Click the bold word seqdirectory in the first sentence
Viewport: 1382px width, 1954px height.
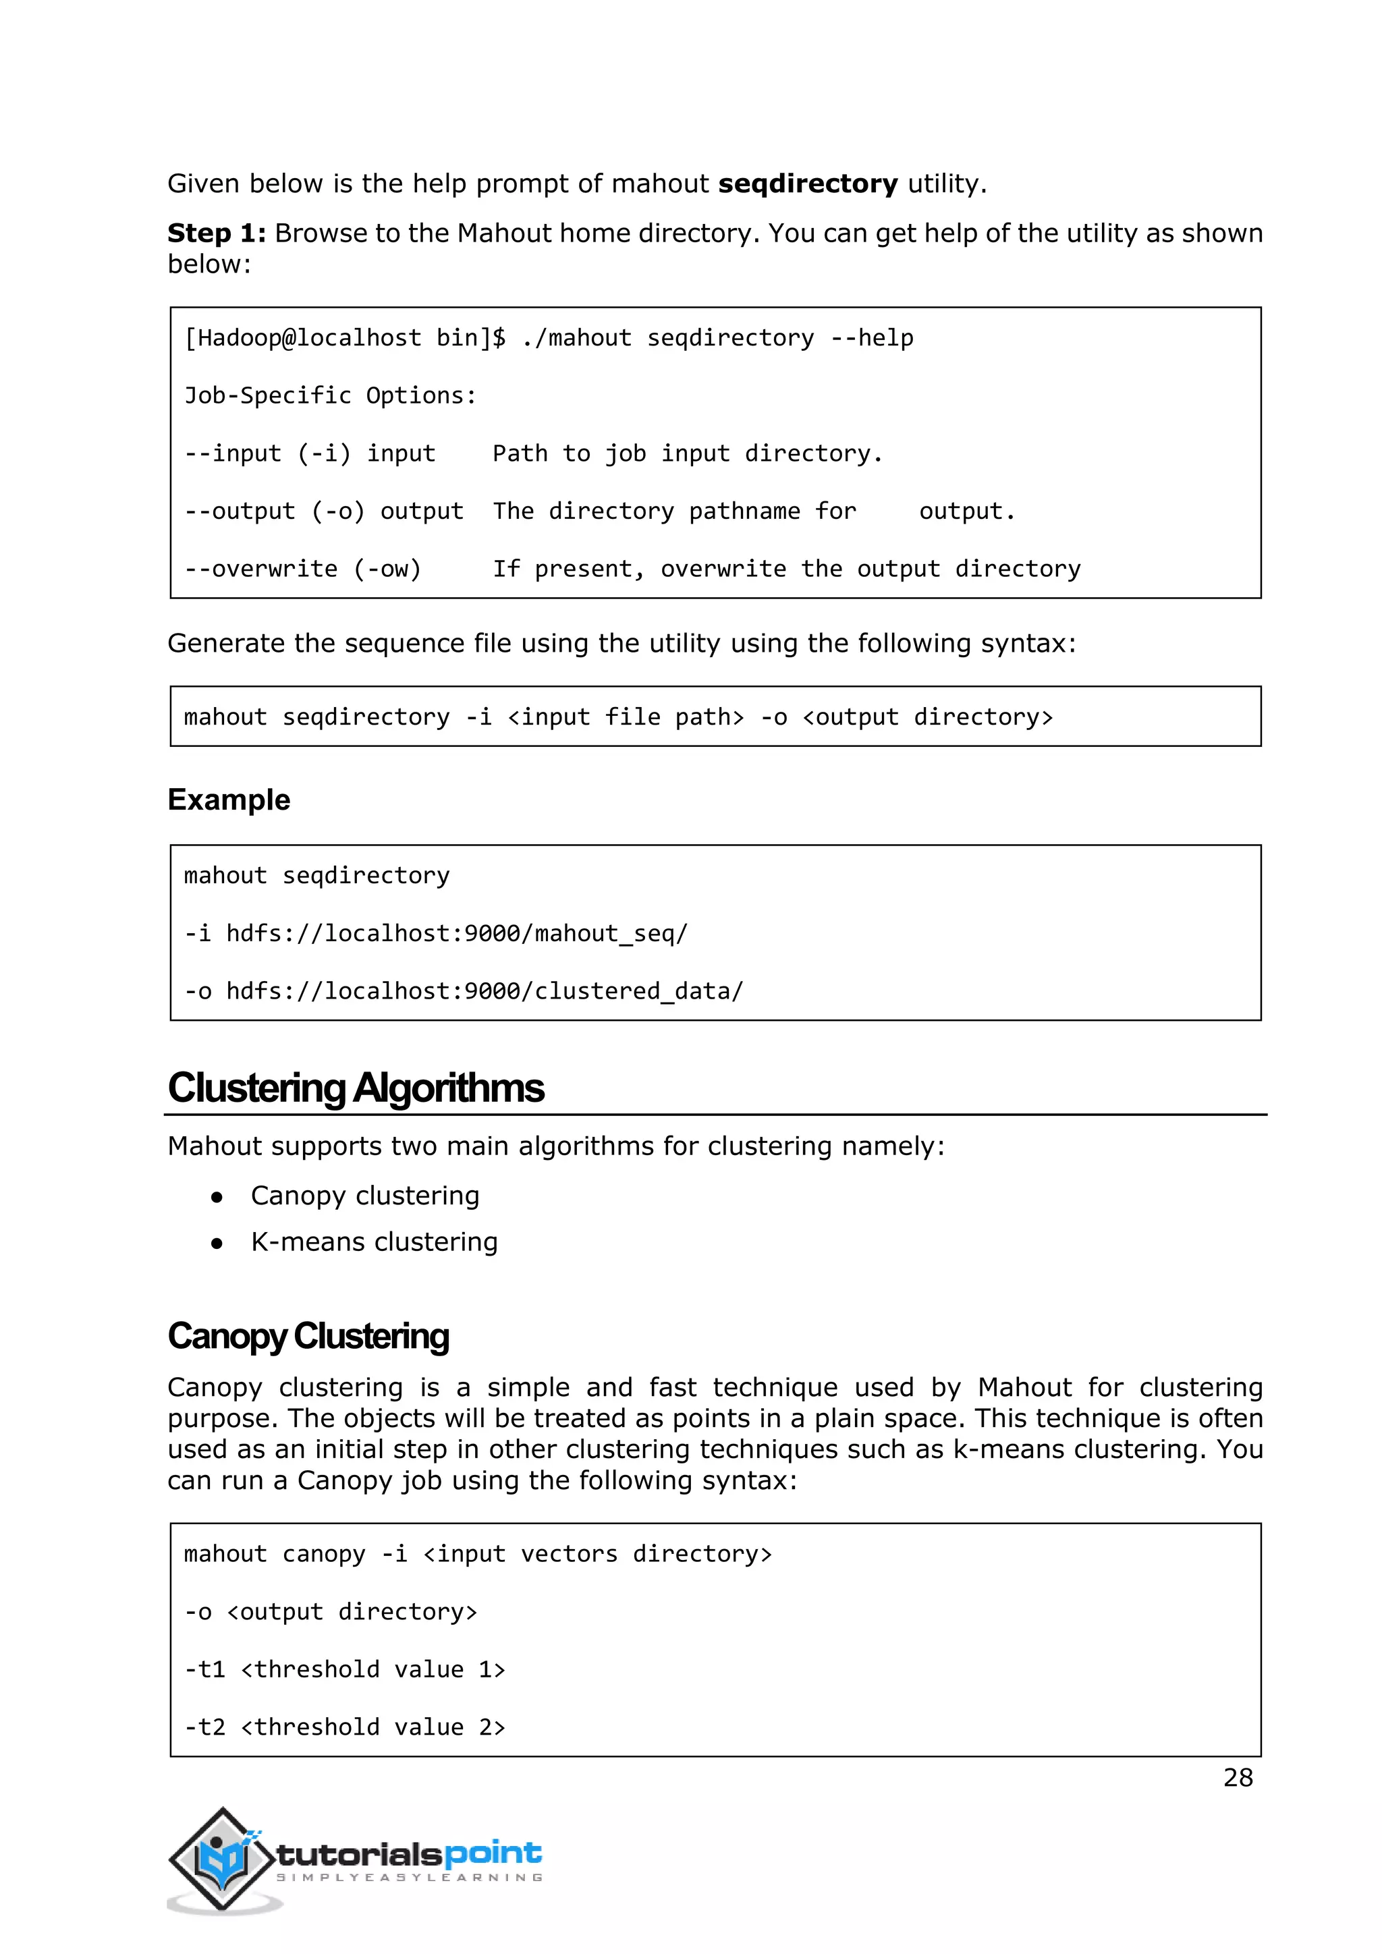tap(808, 184)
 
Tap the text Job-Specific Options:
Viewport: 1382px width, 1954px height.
tap(330, 396)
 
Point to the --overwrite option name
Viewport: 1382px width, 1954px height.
tap(260, 569)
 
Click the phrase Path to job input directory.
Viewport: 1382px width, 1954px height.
tap(688, 453)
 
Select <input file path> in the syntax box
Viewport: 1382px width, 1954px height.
tap(626, 717)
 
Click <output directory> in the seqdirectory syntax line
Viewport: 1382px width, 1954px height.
tap(928, 717)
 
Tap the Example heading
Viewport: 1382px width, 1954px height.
tap(229, 800)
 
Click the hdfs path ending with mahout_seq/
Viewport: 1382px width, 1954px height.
tap(457, 934)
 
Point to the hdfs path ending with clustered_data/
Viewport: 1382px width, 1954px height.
tap(485, 991)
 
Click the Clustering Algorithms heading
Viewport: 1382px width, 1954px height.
tap(356, 1088)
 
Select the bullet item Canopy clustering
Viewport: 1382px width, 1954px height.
tap(365, 1196)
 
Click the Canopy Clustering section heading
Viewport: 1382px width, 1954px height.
tap(308, 1336)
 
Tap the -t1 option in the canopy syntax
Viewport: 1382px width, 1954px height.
tap(205, 1670)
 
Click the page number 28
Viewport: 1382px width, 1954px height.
tap(1238, 1777)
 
